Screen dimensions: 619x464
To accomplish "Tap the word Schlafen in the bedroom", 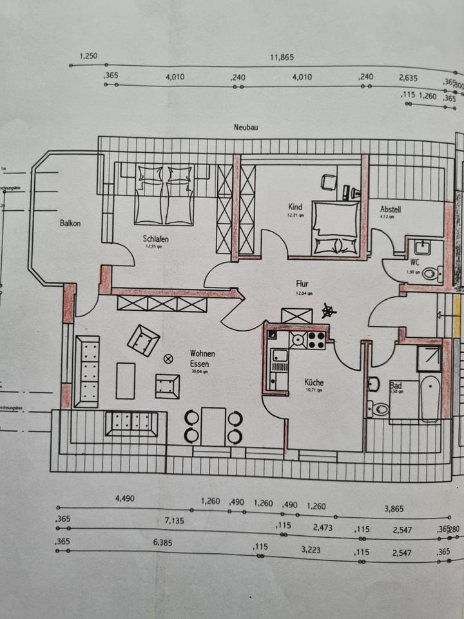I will pyautogui.click(x=156, y=238).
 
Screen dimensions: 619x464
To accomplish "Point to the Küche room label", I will pyautogui.click(x=314, y=382).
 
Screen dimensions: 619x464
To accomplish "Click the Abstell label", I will pyautogui.click(x=391, y=209).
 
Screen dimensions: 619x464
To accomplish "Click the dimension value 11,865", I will pyautogui.click(x=282, y=57).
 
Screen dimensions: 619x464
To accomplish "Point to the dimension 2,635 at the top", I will pyautogui.click(x=407, y=77).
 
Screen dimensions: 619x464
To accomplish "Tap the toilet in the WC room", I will pyautogui.click(x=430, y=273).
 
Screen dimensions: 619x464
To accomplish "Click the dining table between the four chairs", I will pyautogui.click(x=213, y=426).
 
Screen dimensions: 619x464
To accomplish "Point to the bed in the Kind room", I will pyautogui.click(x=336, y=229).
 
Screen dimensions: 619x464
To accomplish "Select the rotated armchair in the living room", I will pyautogui.click(x=144, y=340).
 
